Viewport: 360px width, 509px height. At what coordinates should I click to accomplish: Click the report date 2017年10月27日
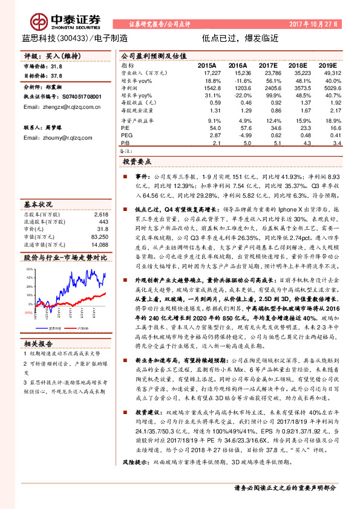coord(318,23)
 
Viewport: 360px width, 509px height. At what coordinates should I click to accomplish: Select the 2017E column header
coord(268,65)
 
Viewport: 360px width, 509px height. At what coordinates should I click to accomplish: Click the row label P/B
coord(125,144)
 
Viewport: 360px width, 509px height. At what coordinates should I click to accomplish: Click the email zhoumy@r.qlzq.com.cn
coord(53,138)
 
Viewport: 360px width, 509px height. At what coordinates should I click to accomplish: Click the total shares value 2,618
coord(101,215)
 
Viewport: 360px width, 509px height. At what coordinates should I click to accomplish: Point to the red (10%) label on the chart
coord(29,313)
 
